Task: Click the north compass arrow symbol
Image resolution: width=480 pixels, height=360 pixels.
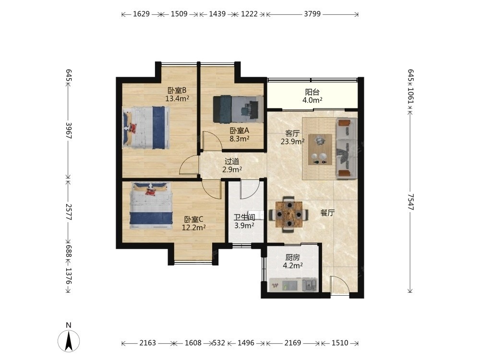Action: (69, 340)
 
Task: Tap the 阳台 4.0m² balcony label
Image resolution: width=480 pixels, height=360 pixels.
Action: (312, 96)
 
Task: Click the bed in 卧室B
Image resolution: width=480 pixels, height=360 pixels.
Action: (146, 127)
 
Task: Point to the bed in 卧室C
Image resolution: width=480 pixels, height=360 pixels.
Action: (151, 206)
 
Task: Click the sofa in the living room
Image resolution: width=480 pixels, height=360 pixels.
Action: (347, 148)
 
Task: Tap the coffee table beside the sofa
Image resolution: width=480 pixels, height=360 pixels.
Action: (320, 149)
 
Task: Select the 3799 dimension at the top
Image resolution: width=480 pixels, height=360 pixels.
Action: (312, 14)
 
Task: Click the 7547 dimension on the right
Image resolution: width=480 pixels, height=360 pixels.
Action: (410, 202)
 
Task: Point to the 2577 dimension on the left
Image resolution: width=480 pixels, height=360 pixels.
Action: (69, 212)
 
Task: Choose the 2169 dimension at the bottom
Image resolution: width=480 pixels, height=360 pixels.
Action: (293, 343)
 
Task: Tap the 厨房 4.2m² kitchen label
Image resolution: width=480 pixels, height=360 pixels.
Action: (293, 262)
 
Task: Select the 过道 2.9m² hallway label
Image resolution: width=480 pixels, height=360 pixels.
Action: (232, 165)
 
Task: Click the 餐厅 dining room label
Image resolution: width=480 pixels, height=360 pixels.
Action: (327, 213)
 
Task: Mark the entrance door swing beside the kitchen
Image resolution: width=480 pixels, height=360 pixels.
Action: (340, 285)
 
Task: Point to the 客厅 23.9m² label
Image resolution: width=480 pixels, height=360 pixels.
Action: (293, 137)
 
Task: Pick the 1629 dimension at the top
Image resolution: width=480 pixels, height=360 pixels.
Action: (142, 14)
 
